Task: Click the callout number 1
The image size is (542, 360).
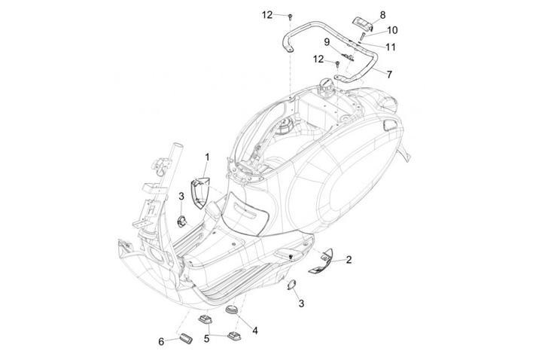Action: pyautogui.click(x=207, y=157)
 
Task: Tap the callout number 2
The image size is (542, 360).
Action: pyautogui.click(x=349, y=259)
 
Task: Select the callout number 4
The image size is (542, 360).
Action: pyautogui.click(x=256, y=330)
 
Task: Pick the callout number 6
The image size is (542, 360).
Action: pyautogui.click(x=161, y=341)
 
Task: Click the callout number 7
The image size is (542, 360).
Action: pyautogui.click(x=389, y=75)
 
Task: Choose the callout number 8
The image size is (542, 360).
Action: pyautogui.click(x=382, y=14)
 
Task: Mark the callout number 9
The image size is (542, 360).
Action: pyautogui.click(x=327, y=41)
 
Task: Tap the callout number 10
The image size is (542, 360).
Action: pyautogui.click(x=391, y=30)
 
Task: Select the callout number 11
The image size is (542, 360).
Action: pyautogui.click(x=390, y=47)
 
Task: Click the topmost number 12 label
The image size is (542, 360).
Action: pyautogui.click(x=268, y=14)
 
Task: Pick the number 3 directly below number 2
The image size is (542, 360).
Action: pyautogui.click(x=301, y=304)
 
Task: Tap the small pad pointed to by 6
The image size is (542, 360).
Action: pyautogui.click(x=184, y=335)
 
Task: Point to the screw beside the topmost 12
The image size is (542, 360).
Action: pyautogui.click(x=289, y=15)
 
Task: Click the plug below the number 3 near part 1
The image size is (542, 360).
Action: pyautogui.click(x=182, y=221)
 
